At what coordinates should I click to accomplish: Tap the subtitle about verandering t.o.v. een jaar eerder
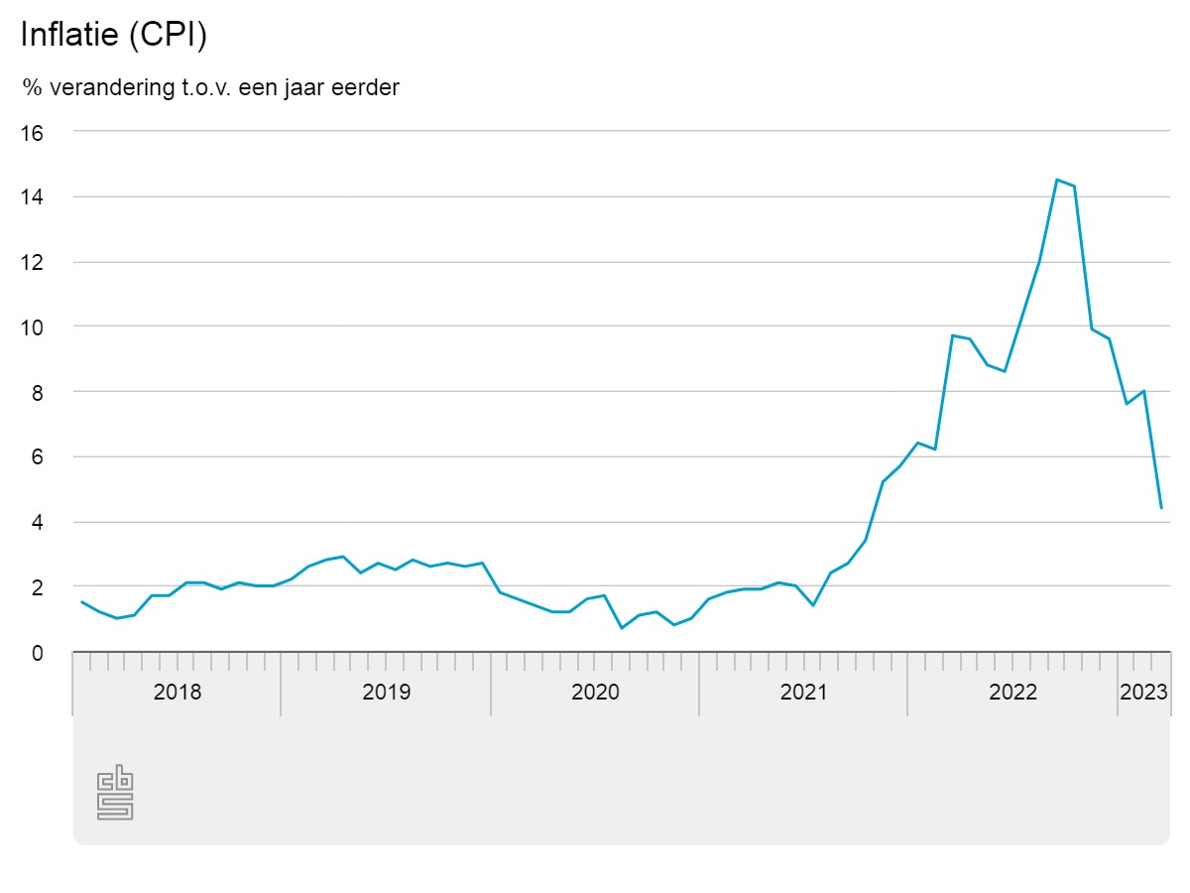pyautogui.click(x=211, y=87)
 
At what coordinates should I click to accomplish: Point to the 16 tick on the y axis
pyautogui.click(x=33, y=133)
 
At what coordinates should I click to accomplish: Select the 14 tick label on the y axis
pyautogui.click(x=33, y=197)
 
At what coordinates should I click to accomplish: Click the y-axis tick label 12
pyautogui.click(x=33, y=263)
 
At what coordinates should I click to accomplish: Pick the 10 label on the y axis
pyautogui.click(x=33, y=327)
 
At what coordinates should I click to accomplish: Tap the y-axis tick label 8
pyautogui.click(x=38, y=393)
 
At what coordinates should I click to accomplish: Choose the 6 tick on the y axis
pyautogui.click(x=38, y=457)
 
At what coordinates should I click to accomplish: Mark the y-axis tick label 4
pyautogui.click(x=38, y=523)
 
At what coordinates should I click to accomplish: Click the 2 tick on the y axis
pyautogui.click(x=38, y=587)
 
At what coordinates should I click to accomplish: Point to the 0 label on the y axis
pyautogui.click(x=38, y=653)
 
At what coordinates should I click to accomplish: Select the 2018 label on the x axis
pyautogui.click(x=178, y=692)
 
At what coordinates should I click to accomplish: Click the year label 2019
pyautogui.click(x=387, y=692)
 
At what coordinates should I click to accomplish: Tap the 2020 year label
pyautogui.click(x=595, y=692)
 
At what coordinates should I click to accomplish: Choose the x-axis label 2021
pyautogui.click(x=803, y=692)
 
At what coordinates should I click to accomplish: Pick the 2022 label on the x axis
pyautogui.click(x=1012, y=692)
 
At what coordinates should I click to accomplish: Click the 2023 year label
pyautogui.click(x=1143, y=692)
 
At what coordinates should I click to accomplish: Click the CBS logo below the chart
pyautogui.click(x=115, y=793)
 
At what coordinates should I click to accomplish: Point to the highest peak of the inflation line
pyautogui.click(x=1057, y=180)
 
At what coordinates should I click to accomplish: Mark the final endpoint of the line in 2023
pyautogui.click(x=1161, y=508)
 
